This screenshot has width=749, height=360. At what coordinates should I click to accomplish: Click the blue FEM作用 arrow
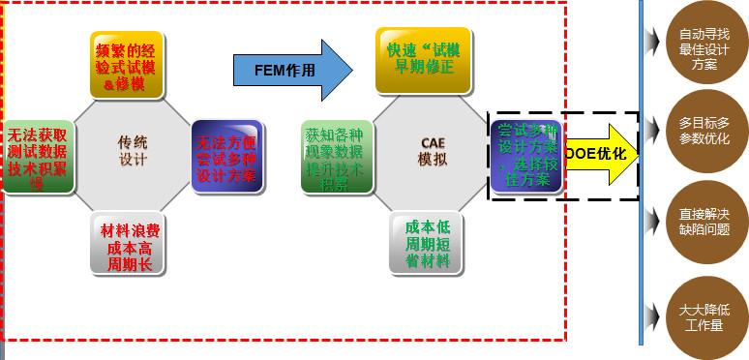[291, 70]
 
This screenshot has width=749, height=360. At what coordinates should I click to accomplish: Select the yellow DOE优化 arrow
[600, 155]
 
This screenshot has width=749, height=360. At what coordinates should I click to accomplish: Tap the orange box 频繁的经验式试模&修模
[127, 65]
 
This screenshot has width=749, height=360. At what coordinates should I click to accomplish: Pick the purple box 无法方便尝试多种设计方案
[226, 155]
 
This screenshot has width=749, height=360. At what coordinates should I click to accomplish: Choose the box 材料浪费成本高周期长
[127, 246]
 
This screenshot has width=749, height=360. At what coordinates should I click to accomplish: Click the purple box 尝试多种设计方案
[525, 155]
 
